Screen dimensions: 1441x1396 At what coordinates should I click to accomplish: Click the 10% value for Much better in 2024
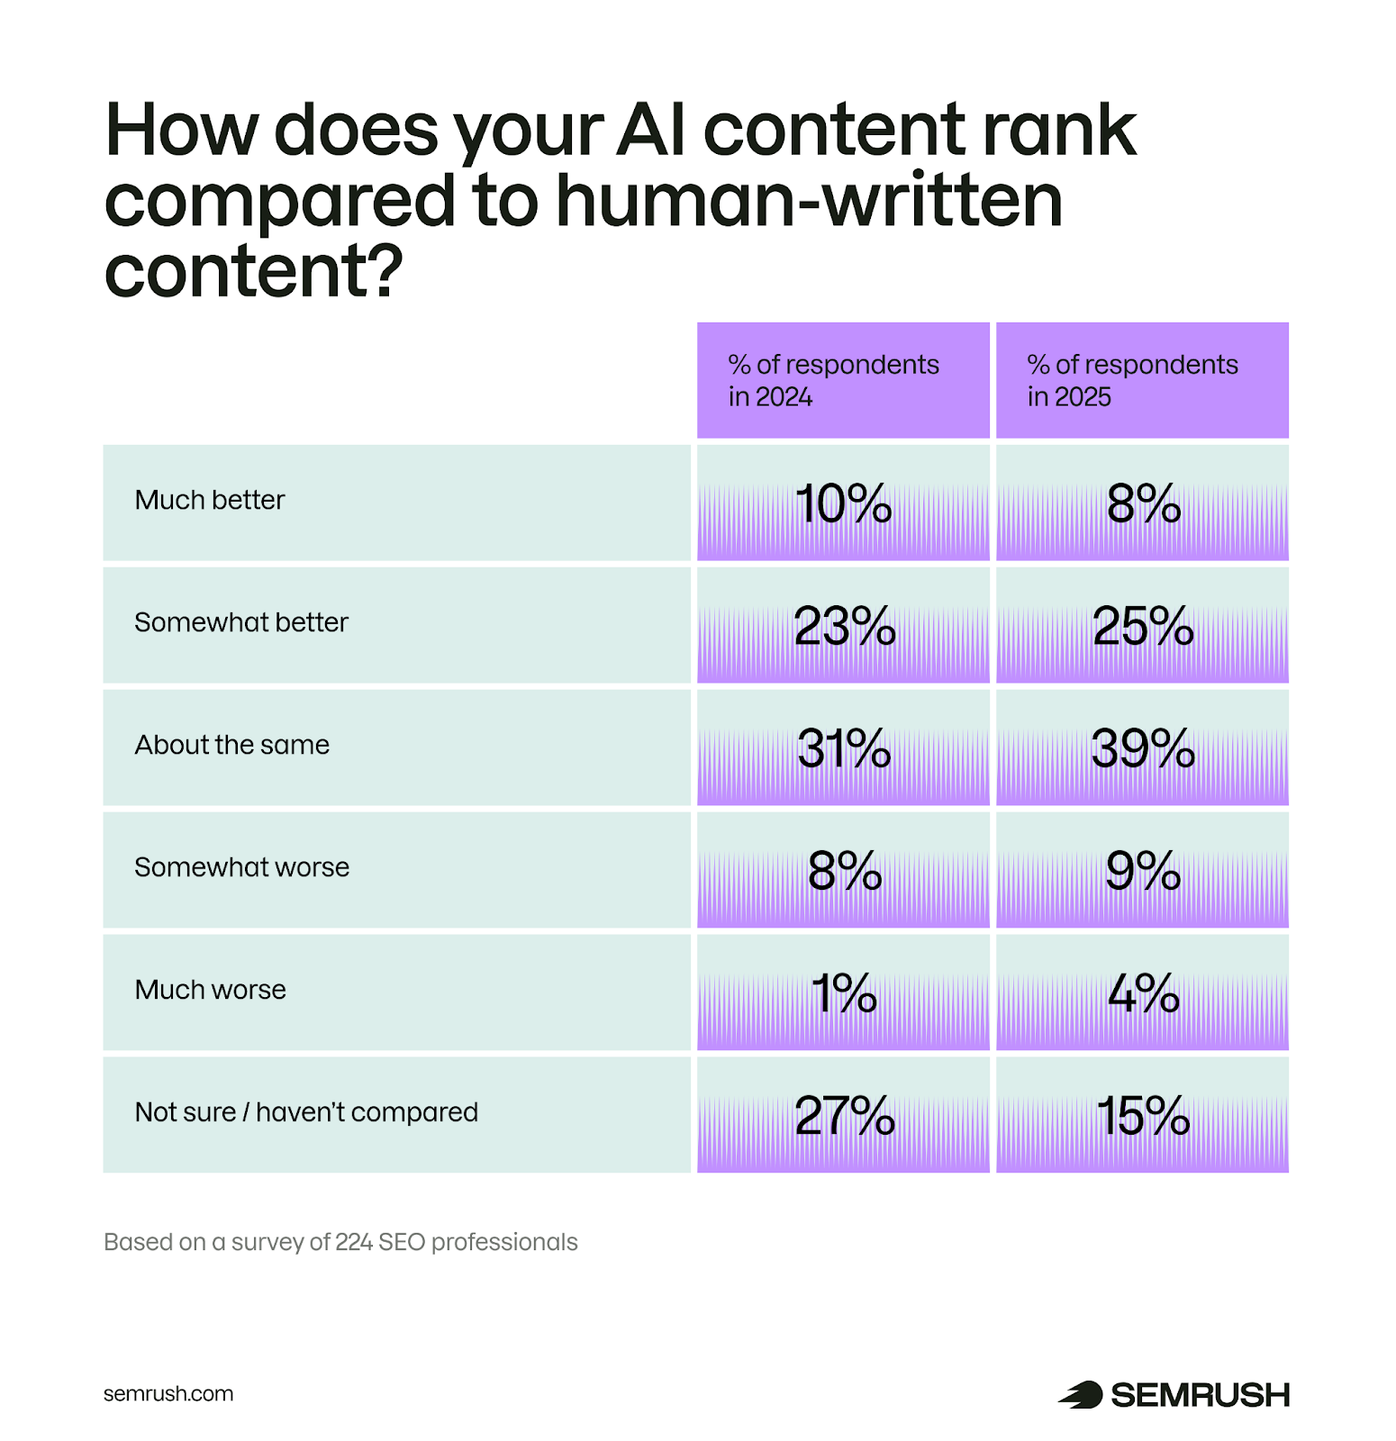click(x=843, y=503)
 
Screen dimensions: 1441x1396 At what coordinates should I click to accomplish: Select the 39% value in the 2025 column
click(x=1142, y=748)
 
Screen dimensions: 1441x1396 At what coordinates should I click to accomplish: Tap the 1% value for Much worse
click(x=843, y=993)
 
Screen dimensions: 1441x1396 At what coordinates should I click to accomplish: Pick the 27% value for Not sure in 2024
click(x=844, y=1116)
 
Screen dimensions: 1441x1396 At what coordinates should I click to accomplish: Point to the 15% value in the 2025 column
click(x=1142, y=1116)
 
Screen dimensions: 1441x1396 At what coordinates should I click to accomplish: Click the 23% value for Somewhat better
click(x=844, y=626)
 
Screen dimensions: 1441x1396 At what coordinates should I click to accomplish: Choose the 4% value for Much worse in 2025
click(x=1142, y=993)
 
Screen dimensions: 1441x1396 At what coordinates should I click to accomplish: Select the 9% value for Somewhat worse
click(x=1142, y=871)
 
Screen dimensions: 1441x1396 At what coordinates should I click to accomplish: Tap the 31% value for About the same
click(x=843, y=748)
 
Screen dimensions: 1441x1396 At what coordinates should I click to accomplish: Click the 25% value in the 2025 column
click(x=1142, y=626)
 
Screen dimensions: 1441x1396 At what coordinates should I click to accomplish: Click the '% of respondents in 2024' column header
click(x=833, y=380)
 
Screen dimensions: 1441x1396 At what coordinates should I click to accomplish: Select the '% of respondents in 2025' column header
click(x=1132, y=380)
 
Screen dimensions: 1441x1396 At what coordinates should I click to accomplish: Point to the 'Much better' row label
click(x=209, y=500)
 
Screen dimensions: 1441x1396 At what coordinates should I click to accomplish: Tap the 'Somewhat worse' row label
click(x=241, y=867)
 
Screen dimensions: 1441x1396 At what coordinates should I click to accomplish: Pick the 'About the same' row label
click(x=231, y=745)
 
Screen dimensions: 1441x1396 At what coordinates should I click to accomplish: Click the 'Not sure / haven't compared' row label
click(x=306, y=1112)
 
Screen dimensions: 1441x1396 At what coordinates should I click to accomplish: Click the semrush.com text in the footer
click(x=168, y=1393)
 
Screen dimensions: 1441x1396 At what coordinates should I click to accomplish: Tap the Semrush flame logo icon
click(x=1081, y=1394)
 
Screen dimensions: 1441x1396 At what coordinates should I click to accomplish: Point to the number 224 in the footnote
click(x=354, y=1242)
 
